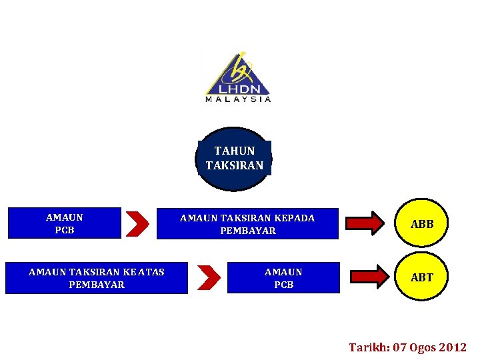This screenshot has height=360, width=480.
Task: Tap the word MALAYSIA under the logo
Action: point(238,99)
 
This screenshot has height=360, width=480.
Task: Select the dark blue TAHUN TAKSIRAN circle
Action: point(234,159)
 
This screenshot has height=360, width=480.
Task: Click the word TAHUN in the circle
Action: point(234,151)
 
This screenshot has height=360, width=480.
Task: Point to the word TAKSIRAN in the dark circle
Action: point(234,165)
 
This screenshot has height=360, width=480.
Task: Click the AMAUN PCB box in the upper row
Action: point(64,223)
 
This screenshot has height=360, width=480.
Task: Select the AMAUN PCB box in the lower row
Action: point(283,278)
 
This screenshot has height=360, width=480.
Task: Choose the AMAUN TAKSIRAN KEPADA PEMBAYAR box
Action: point(247,224)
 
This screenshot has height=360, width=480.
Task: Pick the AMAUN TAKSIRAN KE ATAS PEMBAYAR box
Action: point(96,278)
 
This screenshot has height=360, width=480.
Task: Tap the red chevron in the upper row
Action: point(137,223)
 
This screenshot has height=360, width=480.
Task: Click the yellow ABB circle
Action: point(422,224)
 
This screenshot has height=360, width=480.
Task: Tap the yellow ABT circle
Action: point(422,277)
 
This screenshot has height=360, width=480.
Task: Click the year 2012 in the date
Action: point(454,347)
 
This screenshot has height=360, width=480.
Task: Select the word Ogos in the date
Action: point(423,347)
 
